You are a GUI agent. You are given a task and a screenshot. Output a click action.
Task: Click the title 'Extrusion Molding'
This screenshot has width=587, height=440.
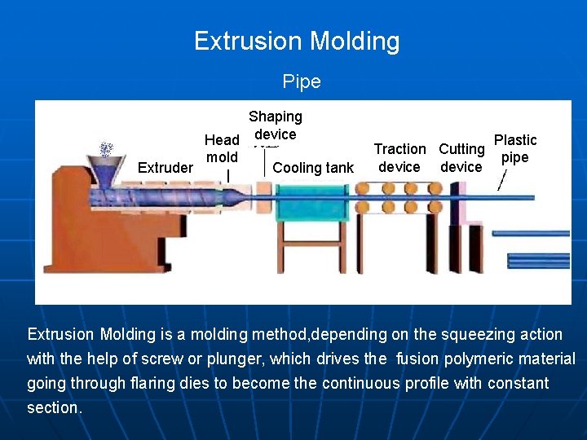coord(297,41)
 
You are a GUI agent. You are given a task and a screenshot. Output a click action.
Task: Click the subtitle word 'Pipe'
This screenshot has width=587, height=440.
coord(302,81)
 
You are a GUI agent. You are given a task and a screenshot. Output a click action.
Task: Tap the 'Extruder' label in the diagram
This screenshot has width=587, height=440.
coord(166,168)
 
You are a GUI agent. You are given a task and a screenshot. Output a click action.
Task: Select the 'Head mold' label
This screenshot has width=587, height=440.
coord(222,148)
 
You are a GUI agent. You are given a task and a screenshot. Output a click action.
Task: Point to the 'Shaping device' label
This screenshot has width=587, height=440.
coord(276,125)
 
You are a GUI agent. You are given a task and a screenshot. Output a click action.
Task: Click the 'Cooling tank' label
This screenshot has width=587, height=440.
coord(313,168)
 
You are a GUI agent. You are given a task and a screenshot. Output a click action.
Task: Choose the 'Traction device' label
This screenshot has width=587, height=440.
coord(399,158)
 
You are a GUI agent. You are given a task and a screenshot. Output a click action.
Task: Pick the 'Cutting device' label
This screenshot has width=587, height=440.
coord(461,158)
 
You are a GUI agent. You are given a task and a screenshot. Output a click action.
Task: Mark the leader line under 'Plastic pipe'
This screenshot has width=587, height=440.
coord(502,180)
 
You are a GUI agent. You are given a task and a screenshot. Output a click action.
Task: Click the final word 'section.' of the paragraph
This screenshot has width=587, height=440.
coord(55,407)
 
